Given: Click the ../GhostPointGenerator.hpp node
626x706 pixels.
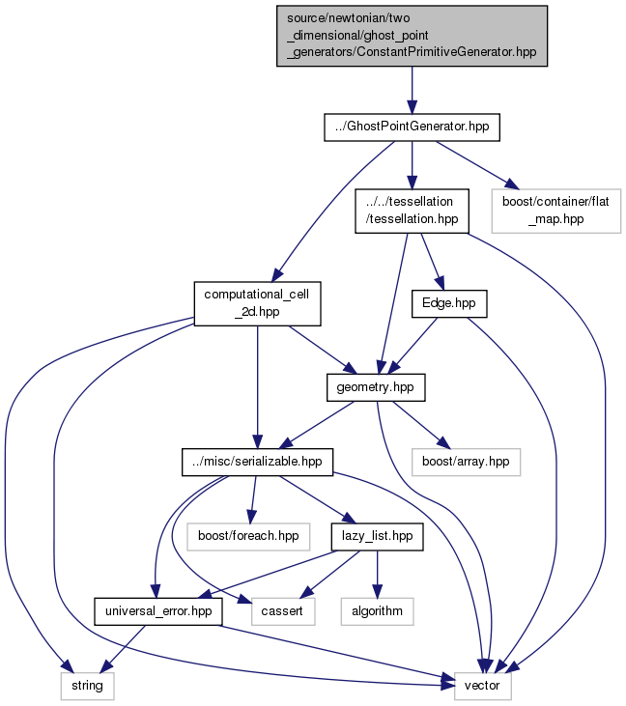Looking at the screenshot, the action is click(x=412, y=127).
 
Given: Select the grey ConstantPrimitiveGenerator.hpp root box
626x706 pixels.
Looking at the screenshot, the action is click(x=412, y=36).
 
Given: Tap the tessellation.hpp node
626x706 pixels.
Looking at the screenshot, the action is click(x=412, y=211).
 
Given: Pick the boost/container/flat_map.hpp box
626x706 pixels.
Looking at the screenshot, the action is click(x=555, y=211).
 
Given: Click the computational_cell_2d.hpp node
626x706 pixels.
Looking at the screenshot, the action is click(x=257, y=303).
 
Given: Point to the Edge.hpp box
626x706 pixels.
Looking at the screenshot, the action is click(x=449, y=303).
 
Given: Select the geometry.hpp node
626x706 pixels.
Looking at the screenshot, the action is click(x=376, y=387).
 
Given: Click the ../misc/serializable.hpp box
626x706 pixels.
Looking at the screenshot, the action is click(x=257, y=462).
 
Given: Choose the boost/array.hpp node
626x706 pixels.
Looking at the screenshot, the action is click(x=466, y=462).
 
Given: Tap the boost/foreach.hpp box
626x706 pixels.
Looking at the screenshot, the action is click(x=248, y=536).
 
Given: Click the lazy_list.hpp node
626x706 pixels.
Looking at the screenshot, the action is click(x=378, y=536).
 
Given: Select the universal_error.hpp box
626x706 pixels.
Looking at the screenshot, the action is click(x=158, y=611).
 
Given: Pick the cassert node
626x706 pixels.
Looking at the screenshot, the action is click(x=283, y=611).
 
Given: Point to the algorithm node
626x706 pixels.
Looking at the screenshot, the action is click(x=378, y=611).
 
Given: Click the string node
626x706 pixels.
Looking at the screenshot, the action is click(x=87, y=686).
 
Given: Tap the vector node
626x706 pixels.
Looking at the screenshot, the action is click(x=483, y=686).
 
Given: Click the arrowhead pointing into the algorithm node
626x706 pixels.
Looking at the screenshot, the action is click(x=378, y=591).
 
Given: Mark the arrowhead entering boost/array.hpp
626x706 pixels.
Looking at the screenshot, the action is click(x=443, y=442).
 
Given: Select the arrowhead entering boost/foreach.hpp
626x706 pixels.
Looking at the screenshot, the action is click(x=251, y=517).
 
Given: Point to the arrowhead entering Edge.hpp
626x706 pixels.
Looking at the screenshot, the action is click(x=440, y=283).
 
